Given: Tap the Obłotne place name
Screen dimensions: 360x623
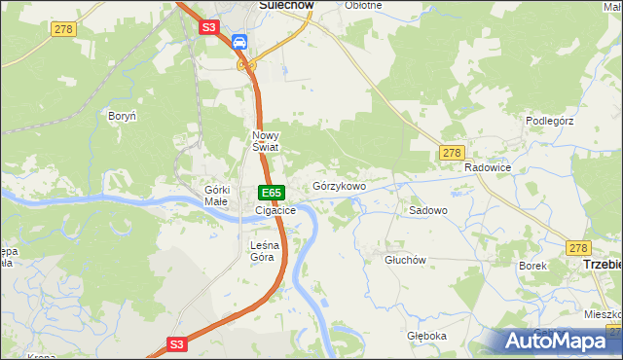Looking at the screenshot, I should coord(363,5).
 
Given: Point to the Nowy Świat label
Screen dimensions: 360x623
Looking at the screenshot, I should coord(266,141).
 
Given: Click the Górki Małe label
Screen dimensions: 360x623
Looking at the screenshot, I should coord(216,196).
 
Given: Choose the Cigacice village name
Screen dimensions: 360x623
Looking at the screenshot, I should coord(275,210).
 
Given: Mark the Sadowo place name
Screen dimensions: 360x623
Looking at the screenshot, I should coord(427,210).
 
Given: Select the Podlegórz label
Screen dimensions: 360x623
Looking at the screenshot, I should coord(552,121).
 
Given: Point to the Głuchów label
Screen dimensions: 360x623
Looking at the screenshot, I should coord(406,260).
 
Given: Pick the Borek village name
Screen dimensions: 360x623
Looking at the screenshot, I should coord(532,265).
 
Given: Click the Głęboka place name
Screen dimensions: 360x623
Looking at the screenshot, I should coord(426,336).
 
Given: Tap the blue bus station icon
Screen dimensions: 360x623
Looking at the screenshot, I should coord(238,42).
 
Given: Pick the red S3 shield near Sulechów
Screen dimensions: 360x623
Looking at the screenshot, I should coord(209,28).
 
